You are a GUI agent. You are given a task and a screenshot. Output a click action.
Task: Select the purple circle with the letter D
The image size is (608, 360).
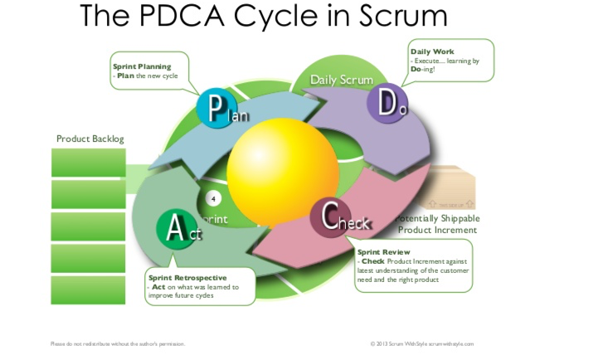(387, 103)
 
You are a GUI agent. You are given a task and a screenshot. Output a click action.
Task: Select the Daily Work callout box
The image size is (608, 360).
(450, 61)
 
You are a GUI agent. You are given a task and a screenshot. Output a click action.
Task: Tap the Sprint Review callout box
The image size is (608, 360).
(413, 265)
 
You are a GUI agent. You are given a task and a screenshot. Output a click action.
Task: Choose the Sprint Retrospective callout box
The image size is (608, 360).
(198, 286)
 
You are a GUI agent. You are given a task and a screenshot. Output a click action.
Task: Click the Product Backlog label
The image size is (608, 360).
(90, 139)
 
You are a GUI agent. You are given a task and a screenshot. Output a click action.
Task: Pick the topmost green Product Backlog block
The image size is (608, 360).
(89, 163)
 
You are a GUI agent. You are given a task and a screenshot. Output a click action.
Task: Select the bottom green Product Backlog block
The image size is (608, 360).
(89, 290)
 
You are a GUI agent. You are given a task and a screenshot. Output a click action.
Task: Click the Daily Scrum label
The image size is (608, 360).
(342, 80)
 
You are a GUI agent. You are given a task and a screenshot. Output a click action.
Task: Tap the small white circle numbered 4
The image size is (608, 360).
(213, 199)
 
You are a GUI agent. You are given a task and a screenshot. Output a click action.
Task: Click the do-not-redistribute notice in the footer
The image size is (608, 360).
(118, 343)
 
